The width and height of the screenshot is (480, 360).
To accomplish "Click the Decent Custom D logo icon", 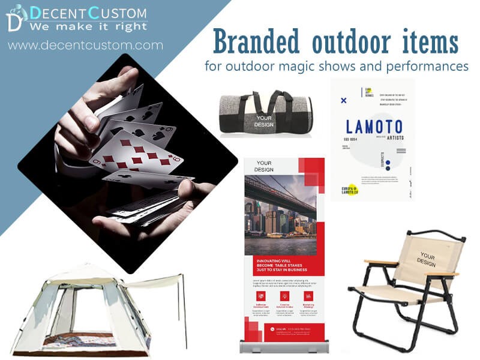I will point(16,17).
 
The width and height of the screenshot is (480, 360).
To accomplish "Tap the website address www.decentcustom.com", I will point(85,45).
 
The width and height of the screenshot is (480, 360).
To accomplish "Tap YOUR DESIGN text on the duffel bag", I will point(264,121).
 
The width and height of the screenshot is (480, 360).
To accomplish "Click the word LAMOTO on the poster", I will point(374,127).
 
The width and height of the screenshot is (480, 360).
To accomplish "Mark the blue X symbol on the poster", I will point(343,100).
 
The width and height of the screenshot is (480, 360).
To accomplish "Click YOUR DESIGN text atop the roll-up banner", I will point(264,166).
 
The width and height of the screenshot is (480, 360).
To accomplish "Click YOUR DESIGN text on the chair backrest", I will point(427,259).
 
